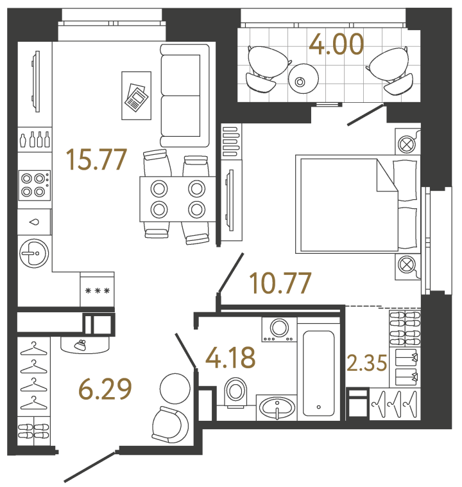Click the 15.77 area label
click(x=97, y=159)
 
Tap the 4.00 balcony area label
click(x=336, y=44)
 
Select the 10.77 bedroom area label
click(x=280, y=283)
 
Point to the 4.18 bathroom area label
click(x=230, y=357)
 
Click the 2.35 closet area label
click(x=367, y=363)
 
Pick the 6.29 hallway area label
click(x=105, y=388)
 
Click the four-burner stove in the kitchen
click(x=35, y=185)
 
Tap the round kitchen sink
click(x=34, y=253)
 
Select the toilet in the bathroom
click(x=235, y=392)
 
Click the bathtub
click(x=319, y=373)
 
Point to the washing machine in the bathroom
click(x=279, y=329)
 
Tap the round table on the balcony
click(x=303, y=79)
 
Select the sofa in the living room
click(x=185, y=95)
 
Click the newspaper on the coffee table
click(x=136, y=97)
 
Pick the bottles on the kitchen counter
click(x=35, y=139)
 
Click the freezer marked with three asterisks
click(x=98, y=291)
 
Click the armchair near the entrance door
click(x=169, y=425)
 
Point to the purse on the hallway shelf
click(x=81, y=345)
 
